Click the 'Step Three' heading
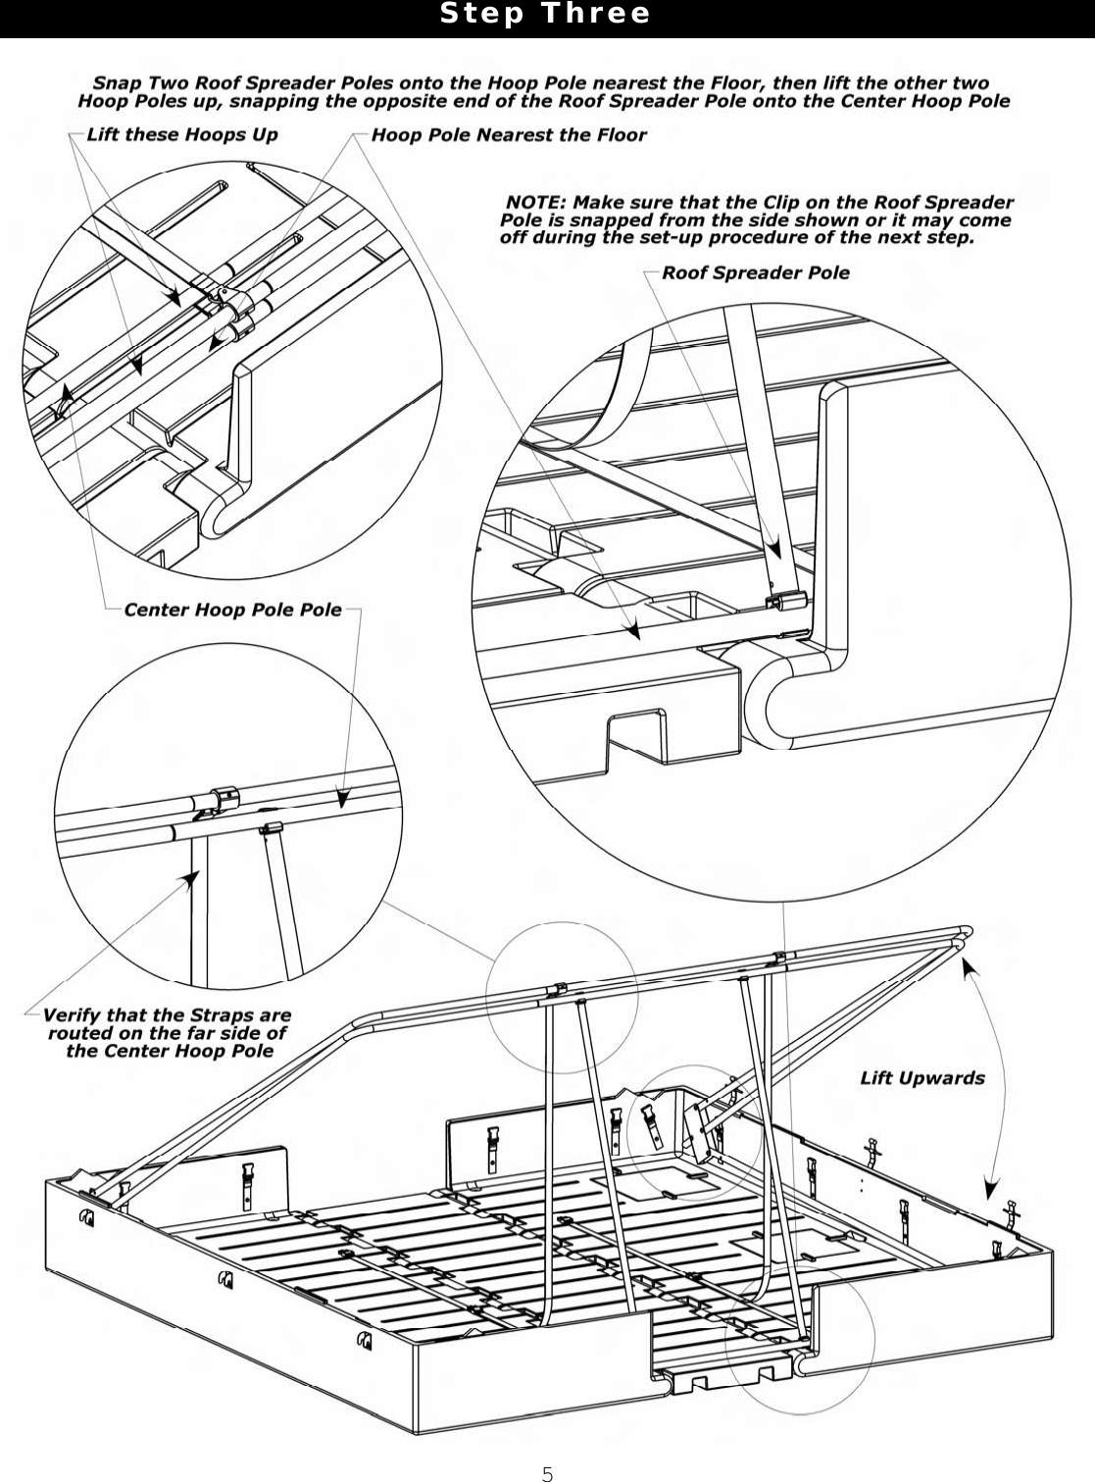(545, 14)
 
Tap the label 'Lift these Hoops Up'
(182, 134)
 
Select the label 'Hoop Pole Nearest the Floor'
(509, 134)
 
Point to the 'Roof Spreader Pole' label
(756, 272)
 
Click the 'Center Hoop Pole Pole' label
(232, 610)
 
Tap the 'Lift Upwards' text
(921, 1078)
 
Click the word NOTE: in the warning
(536, 203)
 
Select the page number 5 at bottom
(547, 1472)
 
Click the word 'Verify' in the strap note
(72, 1015)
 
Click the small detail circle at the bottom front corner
(799, 1343)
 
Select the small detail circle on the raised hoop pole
(562, 996)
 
